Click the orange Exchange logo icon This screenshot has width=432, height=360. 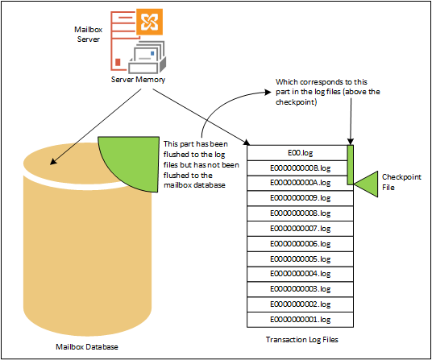click(x=149, y=22)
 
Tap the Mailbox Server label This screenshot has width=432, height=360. click(x=88, y=35)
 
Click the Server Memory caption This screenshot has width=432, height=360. click(x=138, y=80)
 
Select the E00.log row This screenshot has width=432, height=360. click(x=297, y=153)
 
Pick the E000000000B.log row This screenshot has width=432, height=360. click(x=297, y=168)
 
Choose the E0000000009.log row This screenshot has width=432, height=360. click(x=300, y=198)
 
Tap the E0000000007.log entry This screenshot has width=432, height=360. click(x=300, y=229)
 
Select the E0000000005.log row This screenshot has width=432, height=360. click(x=300, y=259)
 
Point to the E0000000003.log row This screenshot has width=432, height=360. click(x=300, y=289)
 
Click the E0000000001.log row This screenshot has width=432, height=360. click(x=300, y=320)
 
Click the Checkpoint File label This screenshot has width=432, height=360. click(x=401, y=182)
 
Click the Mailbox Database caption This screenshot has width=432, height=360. click(x=87, y=347)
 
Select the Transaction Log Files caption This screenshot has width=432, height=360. click(x=302, y=340)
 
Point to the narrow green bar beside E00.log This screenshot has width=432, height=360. click(x=350, y=165)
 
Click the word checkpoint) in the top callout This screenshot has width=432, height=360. click(x=296, y=102)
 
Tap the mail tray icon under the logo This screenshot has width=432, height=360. click(x=147, y=57)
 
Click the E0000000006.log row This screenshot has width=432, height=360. click(x=300, y=244)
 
